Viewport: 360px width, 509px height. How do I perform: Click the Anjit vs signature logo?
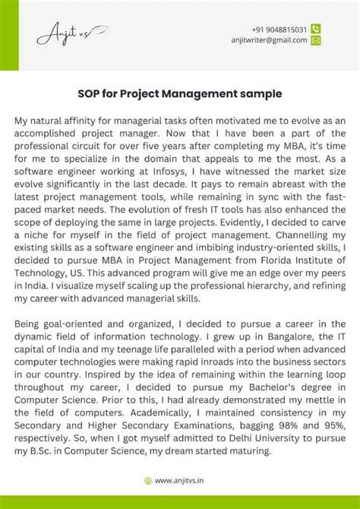pos(71,35)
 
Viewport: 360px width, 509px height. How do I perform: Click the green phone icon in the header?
pos(316,28)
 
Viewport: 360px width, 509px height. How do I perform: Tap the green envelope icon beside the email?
pos(316,40)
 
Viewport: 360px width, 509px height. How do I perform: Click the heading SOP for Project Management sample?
pos(180,94)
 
